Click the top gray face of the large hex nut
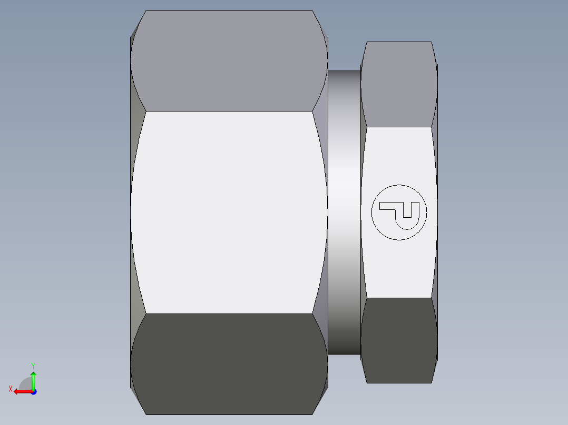229,60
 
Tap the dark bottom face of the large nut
229,363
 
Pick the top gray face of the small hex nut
399,84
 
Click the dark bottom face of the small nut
399,340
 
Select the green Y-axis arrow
33,379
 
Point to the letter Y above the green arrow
33,365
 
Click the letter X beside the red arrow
10,389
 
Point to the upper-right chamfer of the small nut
435,95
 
